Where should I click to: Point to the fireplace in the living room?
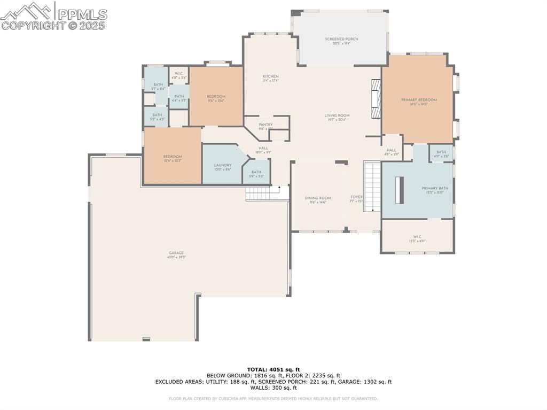pos(377,99)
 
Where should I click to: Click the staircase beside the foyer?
pos(372,185)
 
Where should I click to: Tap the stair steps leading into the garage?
pos(262,194)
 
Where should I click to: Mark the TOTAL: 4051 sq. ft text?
pos(273,369)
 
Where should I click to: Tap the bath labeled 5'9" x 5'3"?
pos(256,174)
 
